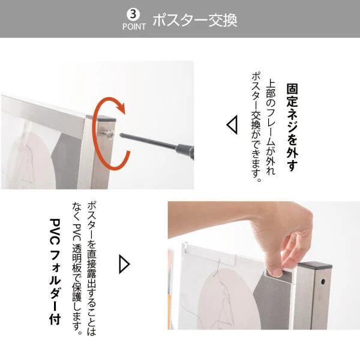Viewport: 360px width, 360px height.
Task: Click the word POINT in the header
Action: pyautogui.click(x=134, y=26)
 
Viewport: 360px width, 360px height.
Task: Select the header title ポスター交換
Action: pyautogui.click(x=194, y=19)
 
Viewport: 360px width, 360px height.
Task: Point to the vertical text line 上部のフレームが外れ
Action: pyautogui.click(x=271, y=127)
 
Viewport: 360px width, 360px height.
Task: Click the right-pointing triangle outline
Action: pyautogui.click(x=125, y=264)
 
